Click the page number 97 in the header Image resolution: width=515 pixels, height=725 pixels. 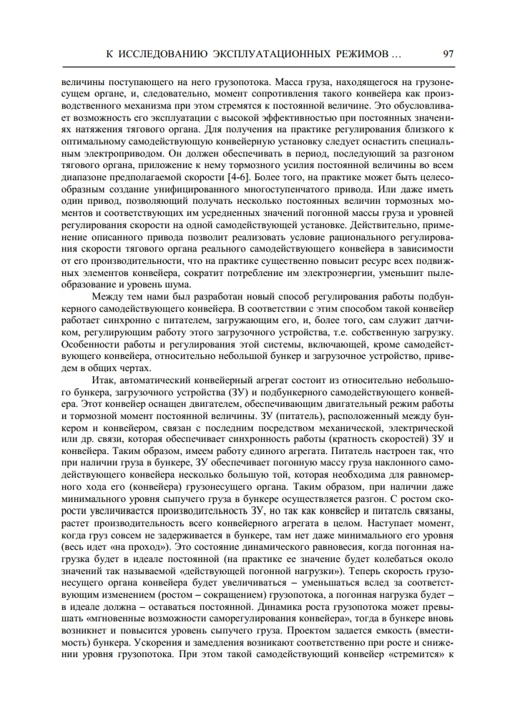click(x=448, y=54)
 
